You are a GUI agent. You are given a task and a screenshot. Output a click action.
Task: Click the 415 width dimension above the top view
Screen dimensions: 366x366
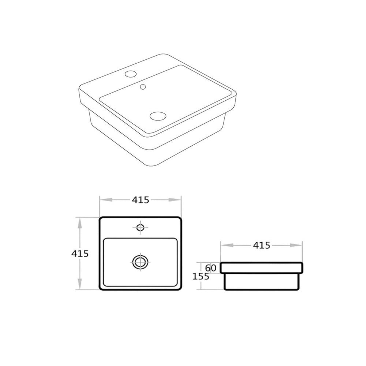point(140,200)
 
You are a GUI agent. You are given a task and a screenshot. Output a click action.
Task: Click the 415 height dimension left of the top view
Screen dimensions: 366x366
point(80,254)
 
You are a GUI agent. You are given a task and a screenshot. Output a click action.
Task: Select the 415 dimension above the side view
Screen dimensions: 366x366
point(261,245)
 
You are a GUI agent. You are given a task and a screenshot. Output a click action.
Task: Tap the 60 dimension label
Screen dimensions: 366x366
point(211,268)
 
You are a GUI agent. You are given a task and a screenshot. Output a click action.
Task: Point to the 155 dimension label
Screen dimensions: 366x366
point(201,277)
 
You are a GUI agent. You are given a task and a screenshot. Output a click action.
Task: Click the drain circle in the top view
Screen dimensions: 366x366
point(140,262)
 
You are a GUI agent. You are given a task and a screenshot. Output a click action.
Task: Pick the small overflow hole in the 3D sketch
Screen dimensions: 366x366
point(143,87)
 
